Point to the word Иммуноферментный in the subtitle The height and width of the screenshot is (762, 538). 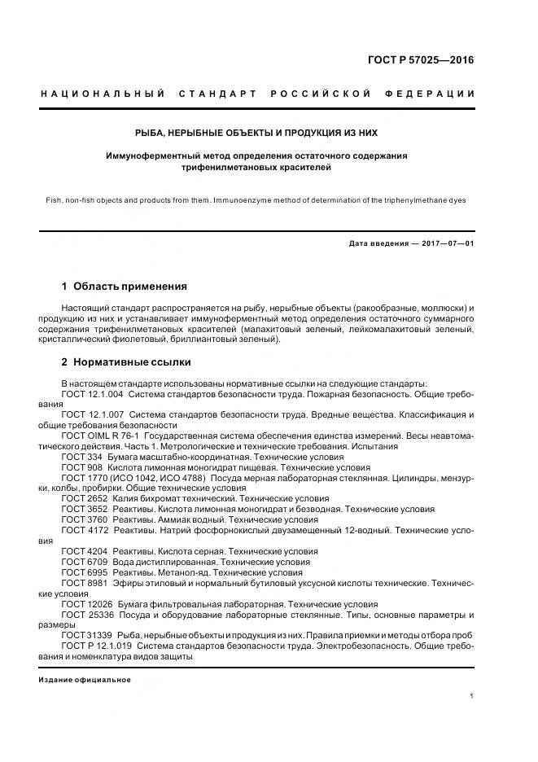click(x=150, y=155)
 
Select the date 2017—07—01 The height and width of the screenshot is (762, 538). click(x=446, y=243)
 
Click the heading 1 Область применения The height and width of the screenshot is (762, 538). click(x=125, y=287)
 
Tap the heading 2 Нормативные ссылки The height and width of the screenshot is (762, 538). click(x=126, y=362)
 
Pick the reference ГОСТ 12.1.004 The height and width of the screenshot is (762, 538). click(x=92, y=394)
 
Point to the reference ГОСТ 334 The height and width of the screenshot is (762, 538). click(x=80, y=458)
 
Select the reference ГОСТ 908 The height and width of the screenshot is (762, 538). click(x=80, y=468)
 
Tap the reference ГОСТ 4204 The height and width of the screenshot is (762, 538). click(x=83, y=551)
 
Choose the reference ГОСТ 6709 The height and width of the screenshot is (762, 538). click(x=83, y=562)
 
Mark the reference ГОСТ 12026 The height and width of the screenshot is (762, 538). click(x=85, y=604)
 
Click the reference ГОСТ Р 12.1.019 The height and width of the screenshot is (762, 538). click(x=95, y=646)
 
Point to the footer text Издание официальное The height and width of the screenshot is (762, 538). click(x=85, y=680)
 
